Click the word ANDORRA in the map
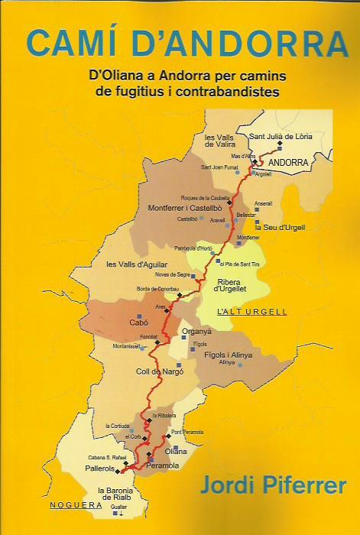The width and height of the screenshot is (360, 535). [x=289, y=163]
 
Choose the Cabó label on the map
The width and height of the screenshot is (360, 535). [x=139, y=323]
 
